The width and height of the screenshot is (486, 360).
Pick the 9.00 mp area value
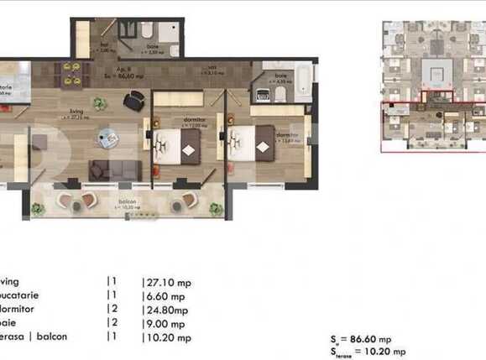(x=165, y=322)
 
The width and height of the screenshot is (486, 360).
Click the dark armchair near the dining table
(x=133, y=101)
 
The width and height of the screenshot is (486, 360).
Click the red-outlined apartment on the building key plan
(x=431, y=125)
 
